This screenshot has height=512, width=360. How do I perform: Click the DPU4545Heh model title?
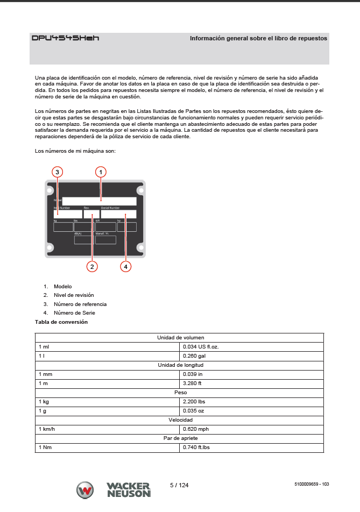(65, 38)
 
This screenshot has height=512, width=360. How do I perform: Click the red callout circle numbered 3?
(58, 172)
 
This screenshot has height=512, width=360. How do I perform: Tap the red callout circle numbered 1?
(101, 172)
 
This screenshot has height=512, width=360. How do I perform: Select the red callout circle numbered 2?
(93, 266)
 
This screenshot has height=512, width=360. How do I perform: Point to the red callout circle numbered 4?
(125, 266)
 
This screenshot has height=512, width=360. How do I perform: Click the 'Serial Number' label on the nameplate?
(110, 208)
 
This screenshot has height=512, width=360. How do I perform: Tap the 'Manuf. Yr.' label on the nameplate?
(102, 234)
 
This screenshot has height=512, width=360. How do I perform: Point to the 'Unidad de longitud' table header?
(180, 365)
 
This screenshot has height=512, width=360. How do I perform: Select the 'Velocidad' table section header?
(180, 420)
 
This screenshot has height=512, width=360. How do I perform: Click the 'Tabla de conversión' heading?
(61, 322)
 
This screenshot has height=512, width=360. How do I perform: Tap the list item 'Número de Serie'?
(74, 313)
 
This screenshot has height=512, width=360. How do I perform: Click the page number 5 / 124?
(179, 485)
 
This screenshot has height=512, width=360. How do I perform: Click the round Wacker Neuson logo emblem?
(85, 490)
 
